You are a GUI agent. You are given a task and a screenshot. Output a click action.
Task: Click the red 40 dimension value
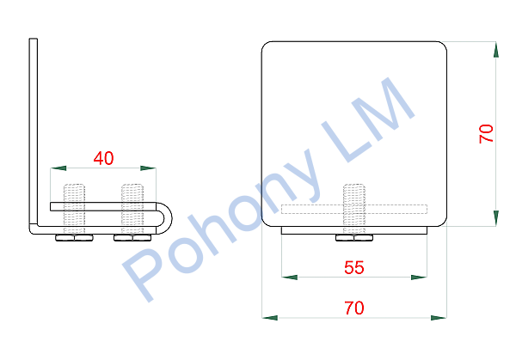104,158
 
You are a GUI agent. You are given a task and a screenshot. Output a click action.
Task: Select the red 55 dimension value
354,267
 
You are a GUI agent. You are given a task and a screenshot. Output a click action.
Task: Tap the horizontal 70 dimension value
354,308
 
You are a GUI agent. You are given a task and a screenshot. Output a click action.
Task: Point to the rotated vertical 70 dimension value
487,133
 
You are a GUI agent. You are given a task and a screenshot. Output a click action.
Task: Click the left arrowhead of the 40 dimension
58,168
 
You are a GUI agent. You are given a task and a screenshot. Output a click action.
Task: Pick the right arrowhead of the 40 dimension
148,168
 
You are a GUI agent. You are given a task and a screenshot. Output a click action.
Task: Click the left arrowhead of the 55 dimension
290,278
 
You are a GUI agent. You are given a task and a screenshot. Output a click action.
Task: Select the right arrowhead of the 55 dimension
420,278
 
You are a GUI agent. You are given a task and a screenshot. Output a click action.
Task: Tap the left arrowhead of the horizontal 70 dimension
270,318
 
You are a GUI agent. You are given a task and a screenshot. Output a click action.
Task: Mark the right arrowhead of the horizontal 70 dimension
439,318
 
